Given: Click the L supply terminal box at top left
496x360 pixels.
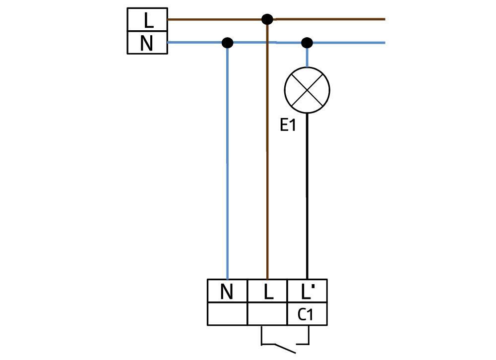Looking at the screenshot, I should tap(147, 20).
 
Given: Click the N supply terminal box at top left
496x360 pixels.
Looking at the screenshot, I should tap(147, 43).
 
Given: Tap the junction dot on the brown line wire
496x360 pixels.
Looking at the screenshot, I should tap(267, 19).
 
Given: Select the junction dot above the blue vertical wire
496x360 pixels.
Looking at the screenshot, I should tap(227, 43).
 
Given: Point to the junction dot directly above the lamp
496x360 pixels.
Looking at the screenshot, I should tap(307, 43).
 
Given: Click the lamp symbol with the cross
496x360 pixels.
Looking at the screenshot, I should tap(307, 90).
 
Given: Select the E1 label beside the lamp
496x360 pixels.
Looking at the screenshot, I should tap(288, 125).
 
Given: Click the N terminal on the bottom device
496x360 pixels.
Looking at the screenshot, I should tap(227, 291).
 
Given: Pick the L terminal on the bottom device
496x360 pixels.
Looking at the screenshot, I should tap(267, 291).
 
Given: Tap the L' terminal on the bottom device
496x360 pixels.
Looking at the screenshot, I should tap(307, 291).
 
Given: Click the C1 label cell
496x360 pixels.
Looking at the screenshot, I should tap(307, 314).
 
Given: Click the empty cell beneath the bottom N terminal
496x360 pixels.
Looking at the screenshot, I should tap(227, 314).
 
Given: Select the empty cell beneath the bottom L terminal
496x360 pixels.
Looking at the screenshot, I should tap(267, 314).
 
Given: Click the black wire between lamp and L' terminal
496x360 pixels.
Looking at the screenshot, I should tap(307, 198).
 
